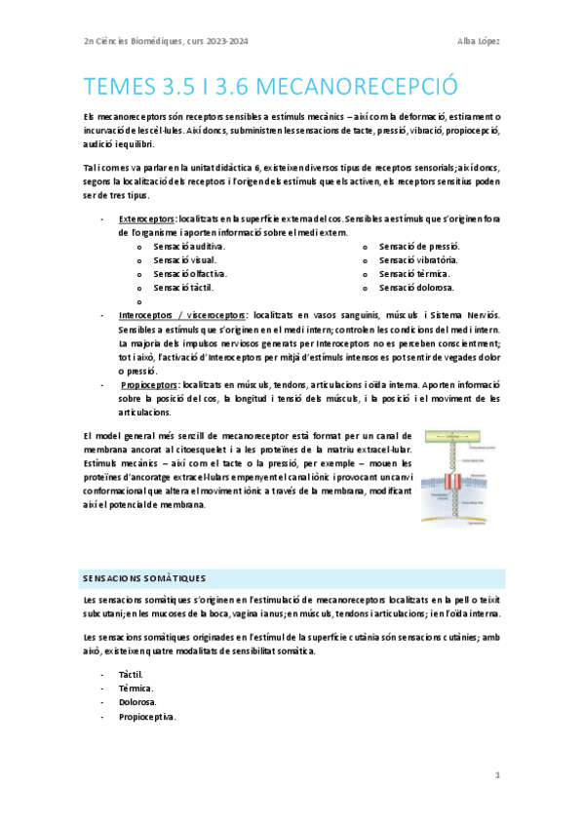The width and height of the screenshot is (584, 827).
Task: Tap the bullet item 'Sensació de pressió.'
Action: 418,248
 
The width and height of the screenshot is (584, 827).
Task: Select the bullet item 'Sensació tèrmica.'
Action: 414,275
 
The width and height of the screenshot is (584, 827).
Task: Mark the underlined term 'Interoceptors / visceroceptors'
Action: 179,316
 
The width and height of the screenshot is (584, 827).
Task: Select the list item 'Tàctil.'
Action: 131,674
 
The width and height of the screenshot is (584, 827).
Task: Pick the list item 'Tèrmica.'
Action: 135,689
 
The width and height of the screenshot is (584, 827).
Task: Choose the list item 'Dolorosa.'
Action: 136,702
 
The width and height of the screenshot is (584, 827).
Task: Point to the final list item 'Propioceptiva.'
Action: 146,717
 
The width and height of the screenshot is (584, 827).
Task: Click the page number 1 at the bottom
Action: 497,776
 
